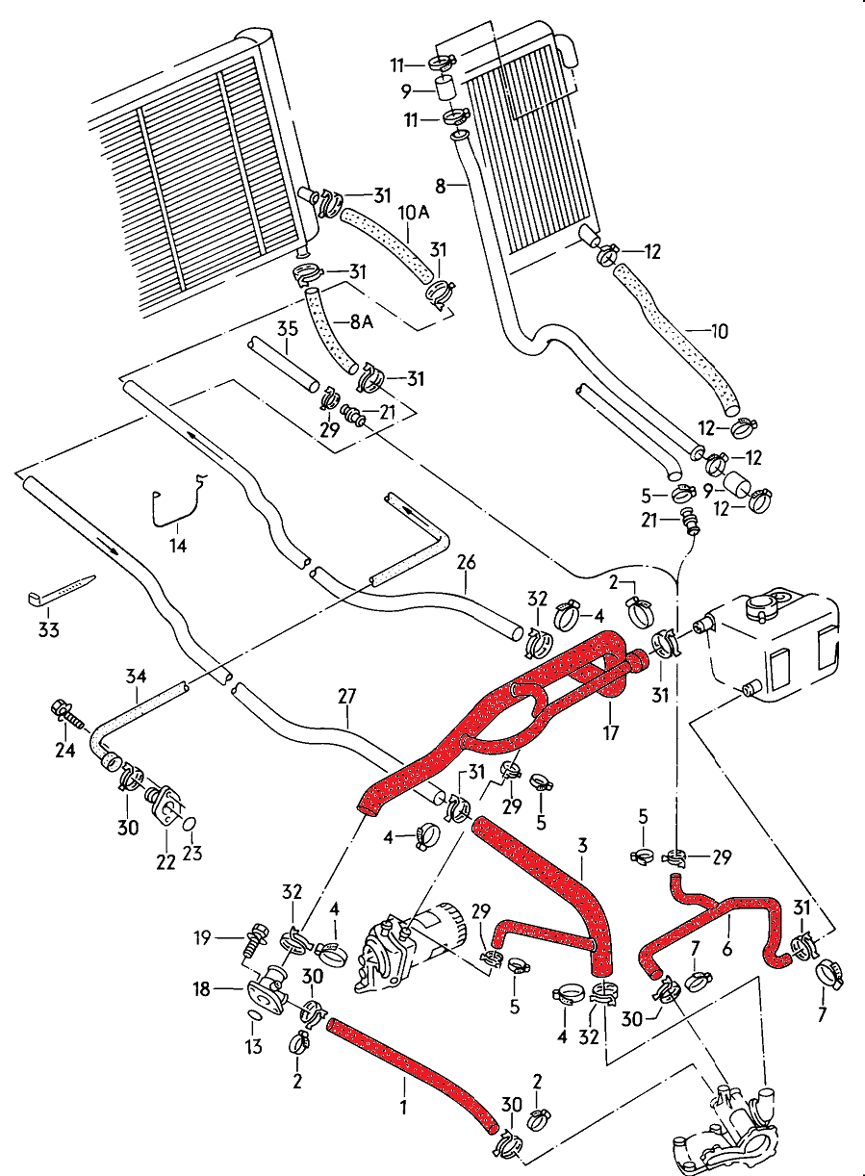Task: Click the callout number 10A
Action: pos(406,211)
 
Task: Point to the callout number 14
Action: pos(178,546)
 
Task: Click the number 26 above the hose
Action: pos(467,561)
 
